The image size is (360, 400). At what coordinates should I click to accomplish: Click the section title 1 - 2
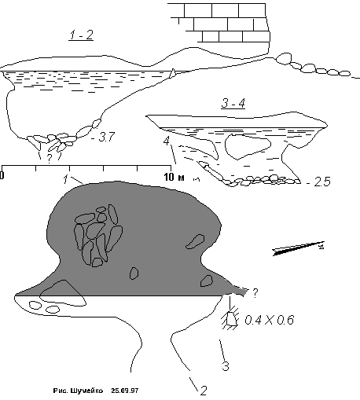pyautogui.click(x=82, y=35)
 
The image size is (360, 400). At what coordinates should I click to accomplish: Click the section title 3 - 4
pyautogui.click(x=233, y=103)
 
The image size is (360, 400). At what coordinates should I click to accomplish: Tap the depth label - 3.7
pyautogui.click(x=103, y=137)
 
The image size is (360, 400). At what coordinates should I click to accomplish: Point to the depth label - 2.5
pyautogui.click(x=318, y=182)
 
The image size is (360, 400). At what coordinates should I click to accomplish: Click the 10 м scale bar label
pyautogui.click(x=174, y=178)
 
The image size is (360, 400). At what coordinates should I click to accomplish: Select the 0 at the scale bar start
pyautogui.click(x=2, y=175)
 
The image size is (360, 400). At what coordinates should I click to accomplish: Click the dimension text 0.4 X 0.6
pyautogui.click(x=270, y=320)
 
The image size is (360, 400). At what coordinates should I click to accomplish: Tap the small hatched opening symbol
pyautogui.click(x=230, y=319)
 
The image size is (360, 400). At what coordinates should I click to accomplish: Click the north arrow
pyautogui.click(x=299, y=248)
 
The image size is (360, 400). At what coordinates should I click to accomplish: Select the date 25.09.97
pyautogui.click(x=125, y=391)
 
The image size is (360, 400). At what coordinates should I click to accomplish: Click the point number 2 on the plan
pyautogui.click(x=204, y=391)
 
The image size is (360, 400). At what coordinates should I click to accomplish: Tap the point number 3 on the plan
pyautogui.click(x=226, y=366)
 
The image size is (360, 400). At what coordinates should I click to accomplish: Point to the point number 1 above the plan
pyautogui.click(x=66, y=179)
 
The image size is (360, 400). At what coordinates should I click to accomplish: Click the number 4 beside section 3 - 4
pyautogui.click(x=167, y=141)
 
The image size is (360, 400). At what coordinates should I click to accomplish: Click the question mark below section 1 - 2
pyautogui.click(x=49, y=159)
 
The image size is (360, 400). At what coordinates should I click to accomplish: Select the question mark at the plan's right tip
pyautogui.click(x=255, y=293)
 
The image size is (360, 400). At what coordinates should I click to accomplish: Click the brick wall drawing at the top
pyautogui.click(x=219, y=23)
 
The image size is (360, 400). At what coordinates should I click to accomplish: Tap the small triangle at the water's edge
pyautogui.click(x=172, y=73)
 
